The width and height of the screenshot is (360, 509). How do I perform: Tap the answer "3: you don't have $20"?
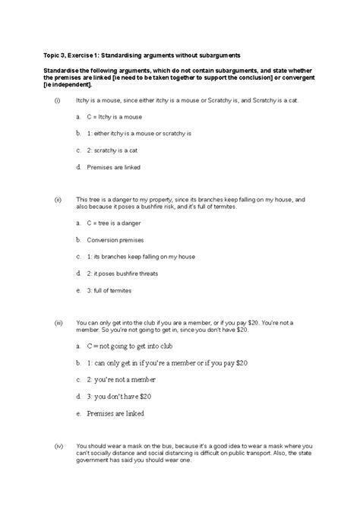pyautogui.click(x=119, y=396)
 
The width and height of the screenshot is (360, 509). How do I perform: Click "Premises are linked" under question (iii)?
pyautogui.click(x=117, y=414)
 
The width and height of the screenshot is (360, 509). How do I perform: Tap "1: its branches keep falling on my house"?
pyautogui.click(x=138, y=256)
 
